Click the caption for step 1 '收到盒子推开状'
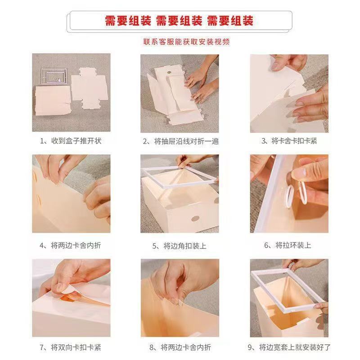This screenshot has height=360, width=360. [76, 141]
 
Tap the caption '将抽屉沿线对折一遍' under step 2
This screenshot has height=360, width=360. [186, 141]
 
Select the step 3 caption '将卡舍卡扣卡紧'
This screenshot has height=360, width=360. [294, 141]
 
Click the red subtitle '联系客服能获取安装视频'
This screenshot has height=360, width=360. [186, 42]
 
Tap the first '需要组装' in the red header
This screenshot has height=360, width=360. [128, 21]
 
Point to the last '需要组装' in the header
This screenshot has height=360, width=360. [230, 21]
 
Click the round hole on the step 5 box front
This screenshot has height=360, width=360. [195, 219]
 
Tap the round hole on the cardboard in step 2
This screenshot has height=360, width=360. [169, 72]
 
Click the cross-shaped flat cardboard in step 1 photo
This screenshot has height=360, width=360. [89, 88]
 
